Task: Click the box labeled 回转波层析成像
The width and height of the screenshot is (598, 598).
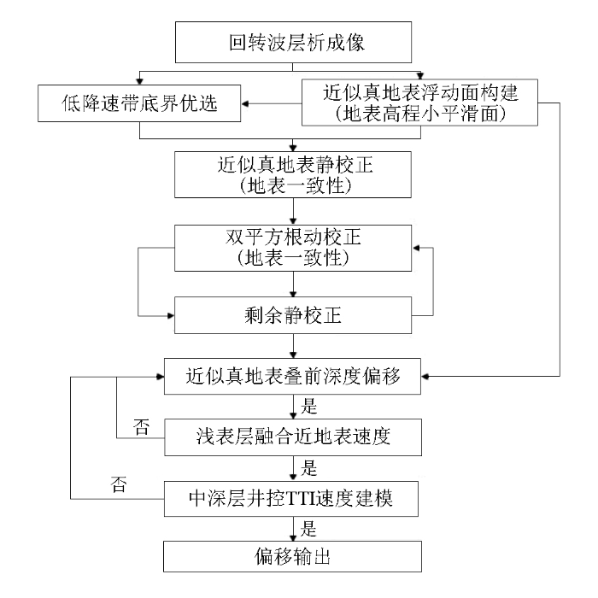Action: (293, 42)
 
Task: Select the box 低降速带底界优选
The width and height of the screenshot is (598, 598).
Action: (139, 103)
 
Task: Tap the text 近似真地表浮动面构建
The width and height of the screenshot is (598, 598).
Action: (420, 92)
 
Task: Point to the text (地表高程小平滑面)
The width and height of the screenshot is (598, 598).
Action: (420, 114)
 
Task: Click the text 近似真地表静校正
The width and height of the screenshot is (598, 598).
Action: (296, 165)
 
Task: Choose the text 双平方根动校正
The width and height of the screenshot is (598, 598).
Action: (293, 237)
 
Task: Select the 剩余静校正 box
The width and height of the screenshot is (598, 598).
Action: (293, 315)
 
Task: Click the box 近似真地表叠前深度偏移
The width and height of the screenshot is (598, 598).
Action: (292, 377)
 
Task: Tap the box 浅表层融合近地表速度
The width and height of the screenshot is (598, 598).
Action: (293, 437)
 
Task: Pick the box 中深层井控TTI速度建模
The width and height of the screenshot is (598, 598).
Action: (291, 499)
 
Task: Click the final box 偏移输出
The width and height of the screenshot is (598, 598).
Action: (292, 556)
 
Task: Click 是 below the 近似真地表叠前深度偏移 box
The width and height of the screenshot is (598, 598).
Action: (309, 406)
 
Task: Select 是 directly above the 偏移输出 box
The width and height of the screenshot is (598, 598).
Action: (308, 529)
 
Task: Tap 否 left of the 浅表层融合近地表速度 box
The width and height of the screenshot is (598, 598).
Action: (141, 427)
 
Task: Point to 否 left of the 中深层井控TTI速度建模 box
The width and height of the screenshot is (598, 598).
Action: (119, 484)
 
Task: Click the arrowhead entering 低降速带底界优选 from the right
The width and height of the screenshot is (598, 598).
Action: (245, 103)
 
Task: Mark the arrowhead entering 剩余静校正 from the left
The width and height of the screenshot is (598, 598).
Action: (171, 316)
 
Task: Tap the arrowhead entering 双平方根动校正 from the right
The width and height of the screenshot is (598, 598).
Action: (416, 248)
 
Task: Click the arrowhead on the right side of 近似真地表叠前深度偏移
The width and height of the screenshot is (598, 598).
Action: (425, 377)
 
